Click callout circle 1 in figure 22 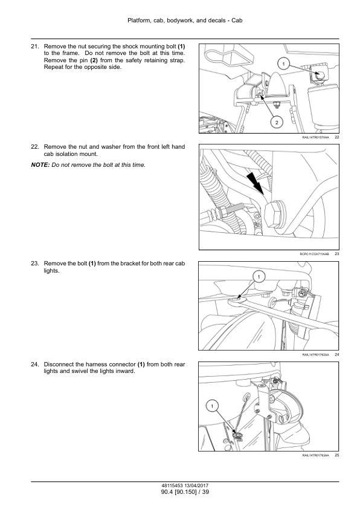coord(283,64)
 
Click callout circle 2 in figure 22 coord(277,122)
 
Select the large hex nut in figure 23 coord(274,214)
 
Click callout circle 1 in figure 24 coord(259,277)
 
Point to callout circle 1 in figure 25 coord(212,406)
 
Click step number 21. coord(34,47)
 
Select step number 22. coord(34,147)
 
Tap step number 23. coord(34,263)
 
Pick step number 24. coord(34,365)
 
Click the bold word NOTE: coord(40,165)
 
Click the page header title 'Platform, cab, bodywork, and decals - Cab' coord(185,21)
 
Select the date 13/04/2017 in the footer coord(196,485)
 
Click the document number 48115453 coord(172,485)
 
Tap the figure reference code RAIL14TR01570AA coord(315,137)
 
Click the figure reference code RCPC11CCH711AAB coord(314,254)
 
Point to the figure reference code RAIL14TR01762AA coord(315,354)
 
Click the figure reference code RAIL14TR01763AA coord(315,455)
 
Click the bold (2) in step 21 coord(94,60)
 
